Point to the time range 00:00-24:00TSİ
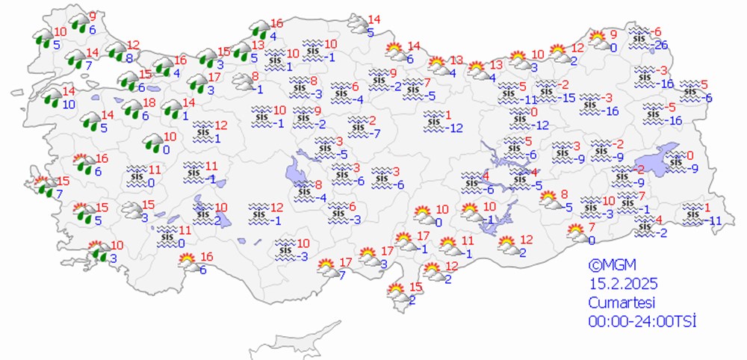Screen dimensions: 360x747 coord(642,321)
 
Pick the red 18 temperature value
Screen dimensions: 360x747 coord(149,102)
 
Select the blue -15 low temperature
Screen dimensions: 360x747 coord(568,98)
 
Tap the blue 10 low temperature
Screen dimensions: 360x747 coord(69,104)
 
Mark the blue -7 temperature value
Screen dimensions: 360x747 coord(378,134)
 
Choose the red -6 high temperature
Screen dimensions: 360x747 coord(657,31)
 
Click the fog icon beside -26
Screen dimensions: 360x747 coord(639,36)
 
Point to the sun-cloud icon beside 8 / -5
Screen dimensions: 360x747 coord(549,199)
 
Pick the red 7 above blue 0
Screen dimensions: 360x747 coord(591,227)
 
